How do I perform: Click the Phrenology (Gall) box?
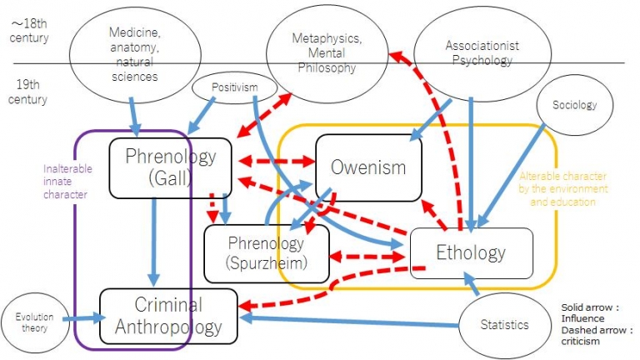click(170, 167)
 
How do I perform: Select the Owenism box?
click(368, 167)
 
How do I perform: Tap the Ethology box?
click(471, 253)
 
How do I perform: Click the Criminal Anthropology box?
click(168, 316)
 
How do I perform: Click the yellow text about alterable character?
click(563, 189)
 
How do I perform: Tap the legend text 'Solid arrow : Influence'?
click(594, 312)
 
